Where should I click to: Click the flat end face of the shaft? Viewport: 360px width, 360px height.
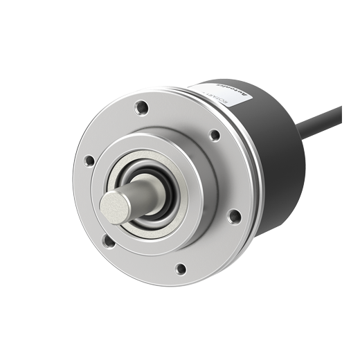click(x=113, y=206)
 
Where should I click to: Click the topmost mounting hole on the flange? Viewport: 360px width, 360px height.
click(x=142, y=108)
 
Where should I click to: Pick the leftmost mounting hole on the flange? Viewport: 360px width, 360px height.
click(x=89, y=161)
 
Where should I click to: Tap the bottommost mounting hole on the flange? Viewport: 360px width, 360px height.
click(x=180, y=269)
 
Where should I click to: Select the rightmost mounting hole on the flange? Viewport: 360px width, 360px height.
click(x=234, y=217)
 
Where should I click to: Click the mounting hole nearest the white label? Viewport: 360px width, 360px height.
click(x=215, y=135)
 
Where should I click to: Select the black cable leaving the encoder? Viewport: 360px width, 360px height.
click(x=325, y=125)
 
